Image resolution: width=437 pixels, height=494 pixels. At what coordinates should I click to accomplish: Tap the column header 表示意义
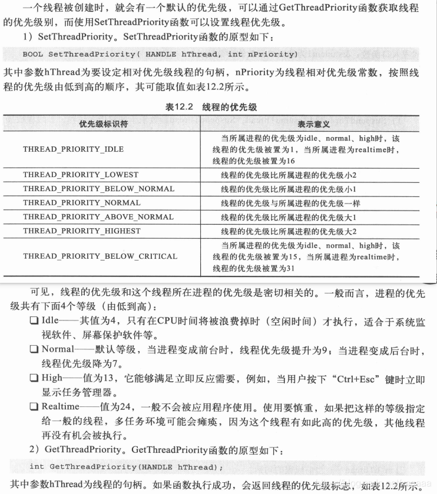[x=313, y=124]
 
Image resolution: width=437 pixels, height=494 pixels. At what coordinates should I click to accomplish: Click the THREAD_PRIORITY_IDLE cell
[x=74, y=149]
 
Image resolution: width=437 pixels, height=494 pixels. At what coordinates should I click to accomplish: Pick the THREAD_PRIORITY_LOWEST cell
[x=81, y=175]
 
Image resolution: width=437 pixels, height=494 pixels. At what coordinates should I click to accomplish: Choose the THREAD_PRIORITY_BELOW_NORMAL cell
[x=99, y=189]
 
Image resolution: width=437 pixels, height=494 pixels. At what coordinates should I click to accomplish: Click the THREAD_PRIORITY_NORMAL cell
[x=82, y=203]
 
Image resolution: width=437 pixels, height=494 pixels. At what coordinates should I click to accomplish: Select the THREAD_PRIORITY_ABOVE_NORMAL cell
[x=98, y=217]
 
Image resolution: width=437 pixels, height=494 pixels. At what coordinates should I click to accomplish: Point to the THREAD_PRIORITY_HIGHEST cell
[x=82, y=231]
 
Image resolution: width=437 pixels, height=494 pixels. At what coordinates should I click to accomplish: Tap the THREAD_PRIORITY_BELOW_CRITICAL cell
[x=100, y=256]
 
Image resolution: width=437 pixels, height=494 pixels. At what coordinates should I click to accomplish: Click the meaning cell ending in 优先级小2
[x=289, y=175]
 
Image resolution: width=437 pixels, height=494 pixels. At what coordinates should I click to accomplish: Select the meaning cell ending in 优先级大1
[x=289, y=217]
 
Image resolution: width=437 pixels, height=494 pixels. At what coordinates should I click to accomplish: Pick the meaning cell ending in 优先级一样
[x=290, y=203]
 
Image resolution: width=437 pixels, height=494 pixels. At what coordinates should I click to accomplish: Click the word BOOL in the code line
[x=33, y=55]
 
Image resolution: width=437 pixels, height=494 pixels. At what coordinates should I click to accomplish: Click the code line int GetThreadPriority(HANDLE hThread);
[x=127, y=467]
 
